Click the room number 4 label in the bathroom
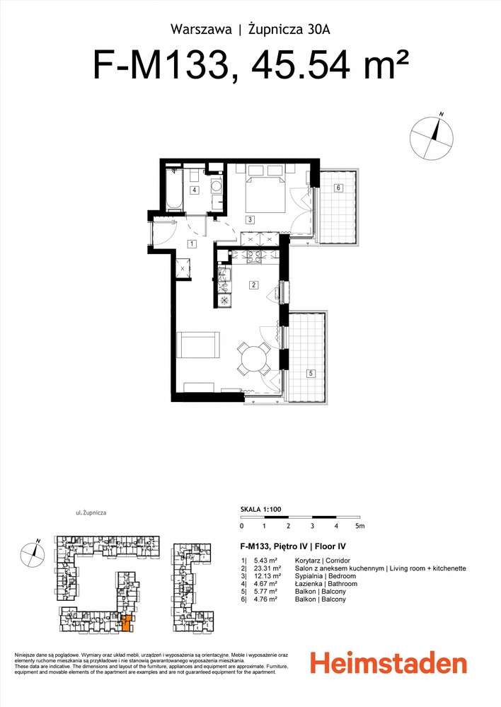(x=195, y=190)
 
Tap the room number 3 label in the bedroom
(x=249, y=220)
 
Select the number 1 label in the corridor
(x=192, y=244)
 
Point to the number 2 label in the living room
(x=254, y=284)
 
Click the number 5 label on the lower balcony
(x=311, y=374)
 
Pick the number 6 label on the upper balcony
(x=338, y=188)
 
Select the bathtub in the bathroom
(x=173, y=190)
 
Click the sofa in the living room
(x=198, y=345)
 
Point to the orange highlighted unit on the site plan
(x=127, y=623)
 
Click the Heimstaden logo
(x=388, y=665)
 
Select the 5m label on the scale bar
(x=360, y=526)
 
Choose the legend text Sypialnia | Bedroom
(x=325, y=576)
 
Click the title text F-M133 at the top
(x=160, y=65)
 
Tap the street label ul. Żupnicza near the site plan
(x=91, y=512)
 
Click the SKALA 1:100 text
(x=260, y=509)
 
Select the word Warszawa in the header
(x=201, y=30)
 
